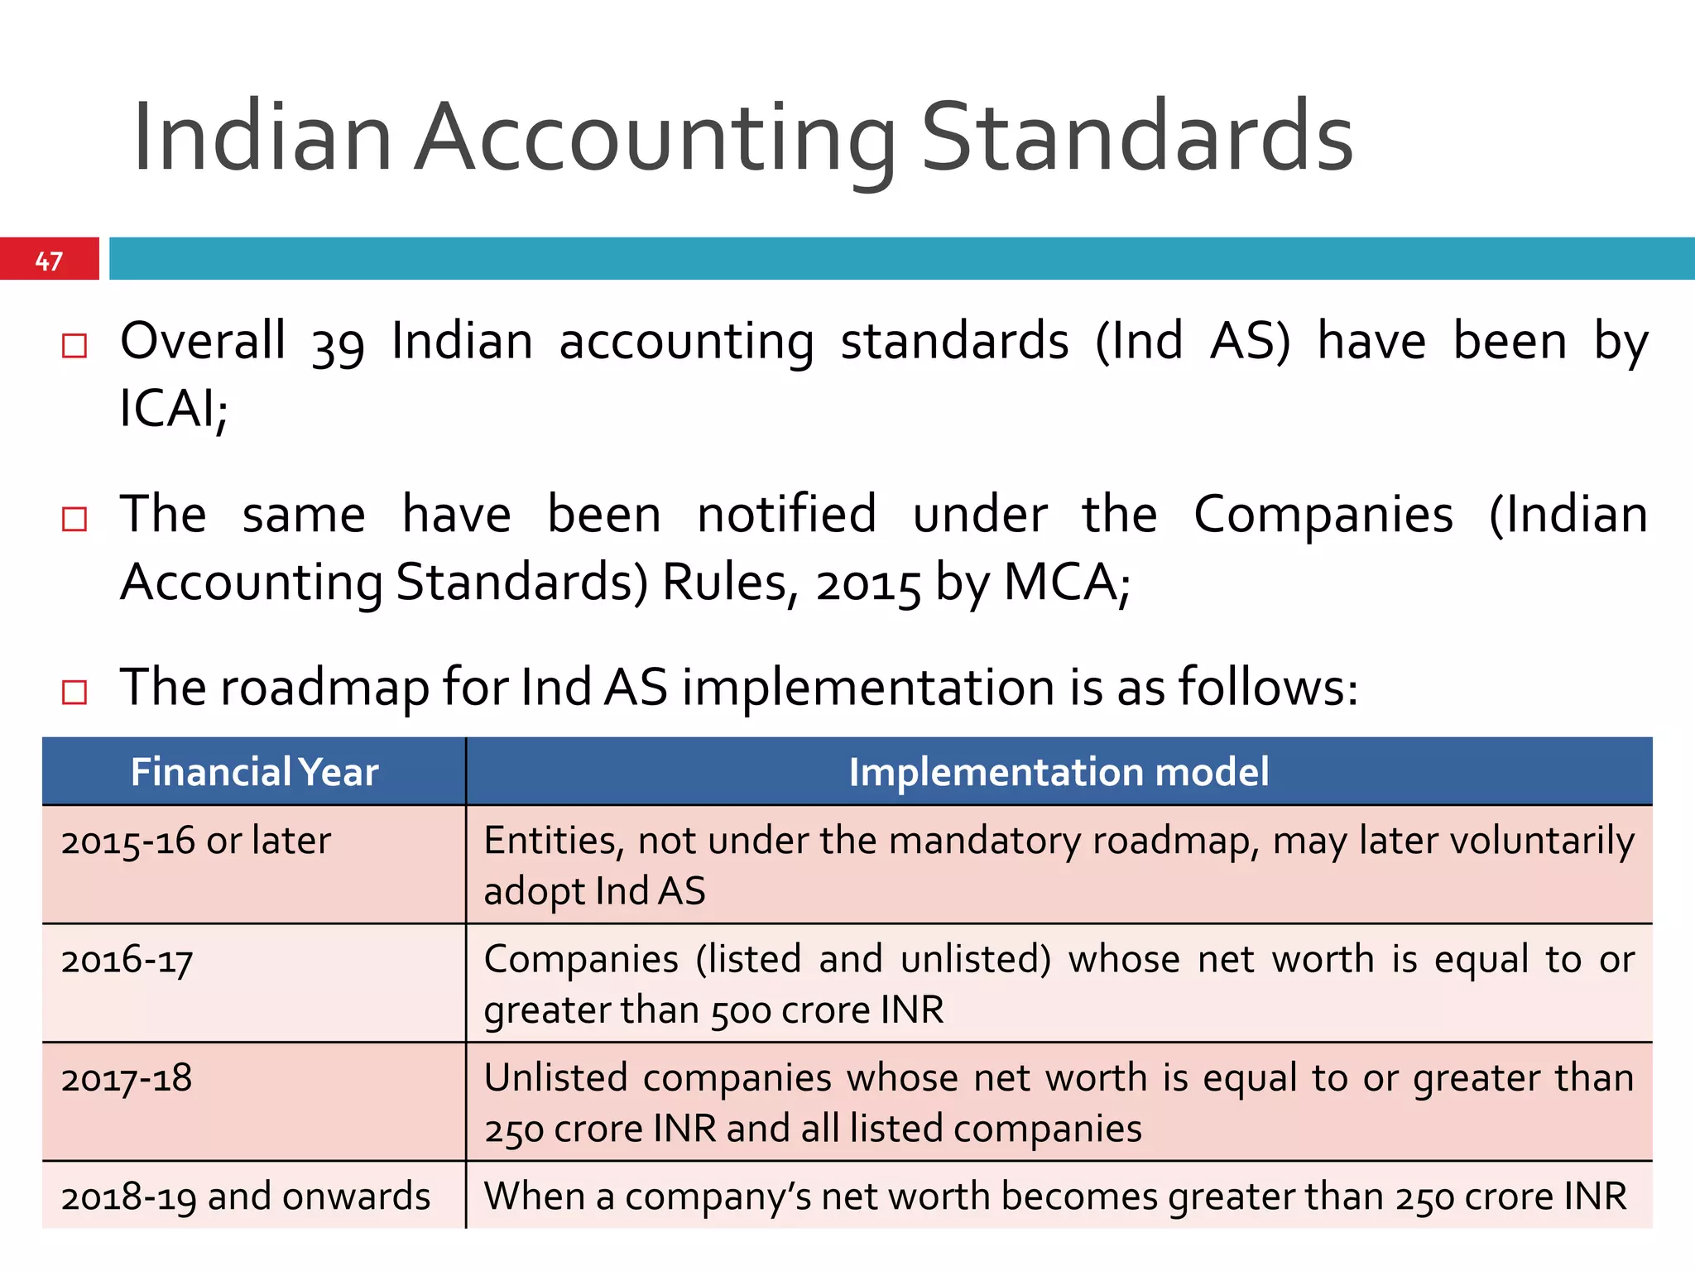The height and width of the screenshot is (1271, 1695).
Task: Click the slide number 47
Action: point(49,261)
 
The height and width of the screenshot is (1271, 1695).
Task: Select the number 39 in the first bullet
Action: point(338,344)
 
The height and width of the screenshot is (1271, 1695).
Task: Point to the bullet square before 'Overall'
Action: point(74,345)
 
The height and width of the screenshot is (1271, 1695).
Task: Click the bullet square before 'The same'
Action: point(74,519)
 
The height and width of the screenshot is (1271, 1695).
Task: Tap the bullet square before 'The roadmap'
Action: point(74,692)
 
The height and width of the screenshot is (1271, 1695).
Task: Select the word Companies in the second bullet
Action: point(1323,516)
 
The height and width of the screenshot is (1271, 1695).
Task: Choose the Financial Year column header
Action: point(254,772)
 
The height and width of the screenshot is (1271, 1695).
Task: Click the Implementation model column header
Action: point(1059,772)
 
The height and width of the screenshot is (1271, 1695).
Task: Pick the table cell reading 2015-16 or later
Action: point(196,842)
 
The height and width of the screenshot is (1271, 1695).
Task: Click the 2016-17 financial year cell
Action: point(127,961)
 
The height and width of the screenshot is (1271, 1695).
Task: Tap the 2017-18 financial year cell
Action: point(127,1079)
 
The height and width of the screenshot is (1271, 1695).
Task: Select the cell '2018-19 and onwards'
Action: point(246,1197)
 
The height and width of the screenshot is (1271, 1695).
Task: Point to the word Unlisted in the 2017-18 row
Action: point(556,1078)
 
